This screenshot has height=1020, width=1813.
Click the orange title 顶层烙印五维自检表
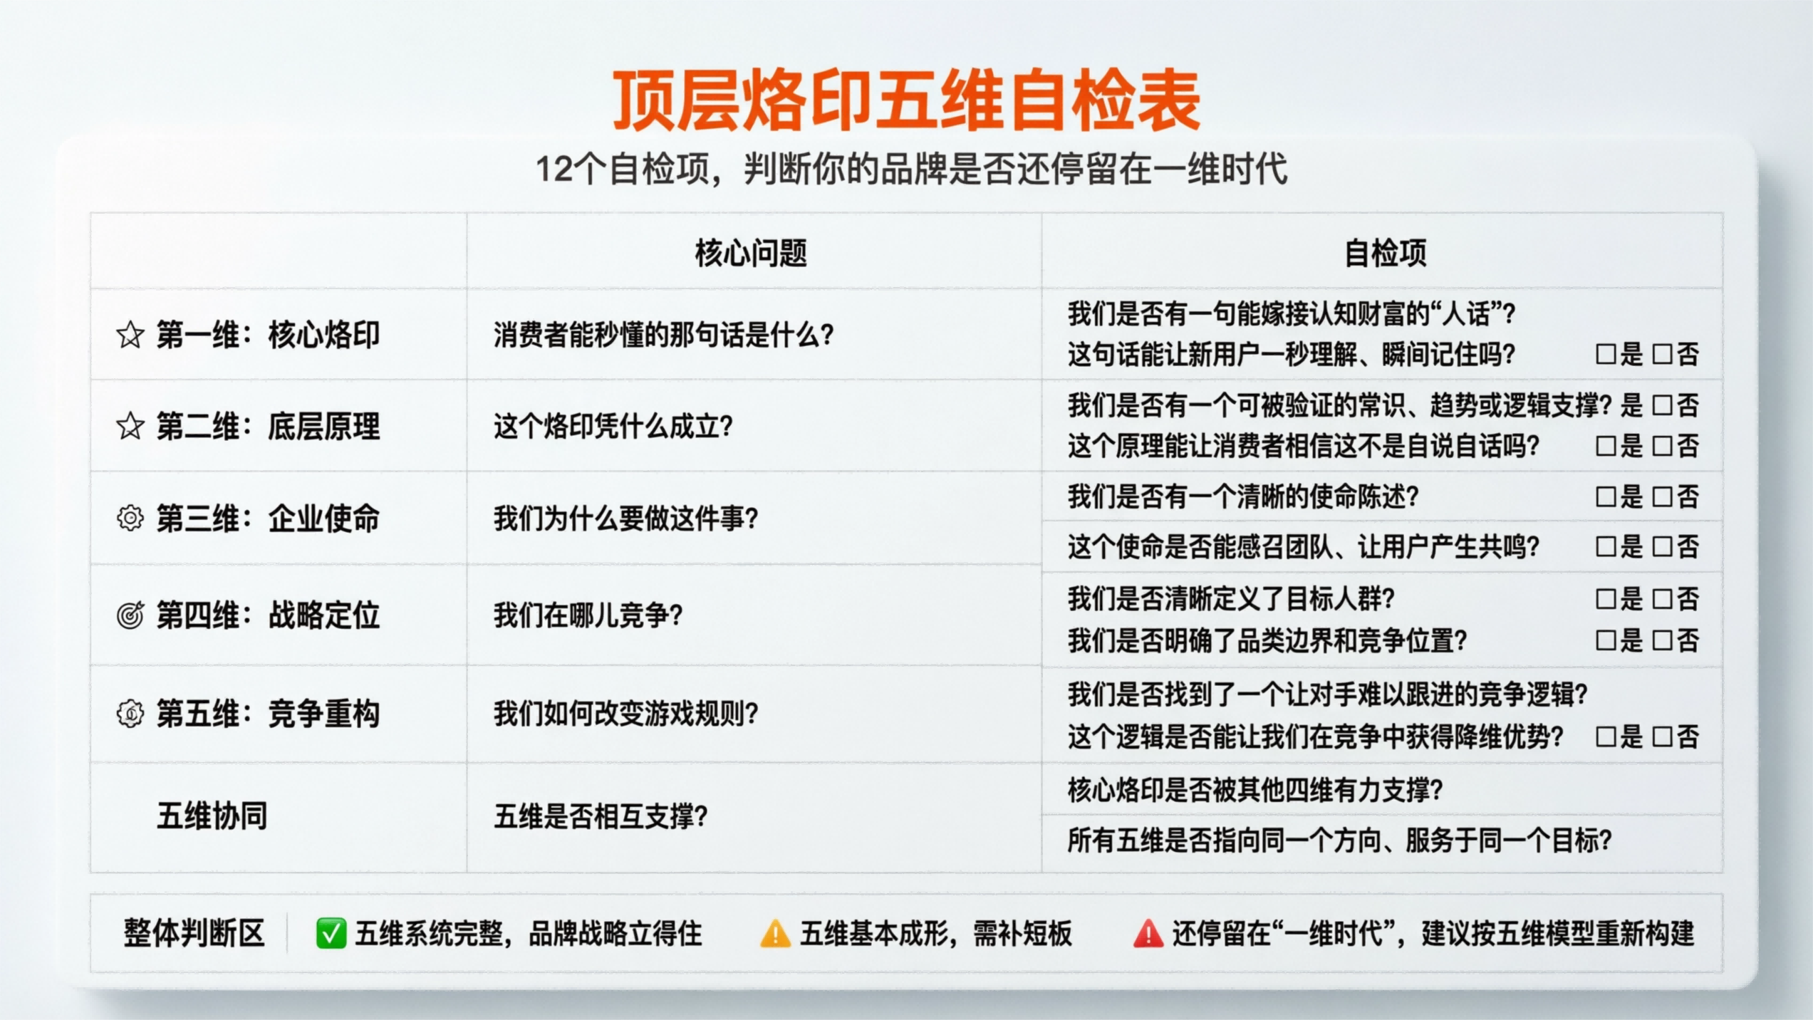click(x=906, y=100)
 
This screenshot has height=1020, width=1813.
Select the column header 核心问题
click(x=751, y=253)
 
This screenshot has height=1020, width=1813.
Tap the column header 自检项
click(x=1385, y=253)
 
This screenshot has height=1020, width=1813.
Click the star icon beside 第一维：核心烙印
click(x=130, y=335)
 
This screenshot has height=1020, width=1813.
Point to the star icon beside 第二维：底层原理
click(x=130, y=427)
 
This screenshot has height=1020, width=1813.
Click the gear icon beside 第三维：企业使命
click(x=130, y=518)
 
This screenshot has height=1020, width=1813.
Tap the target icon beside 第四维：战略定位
click(x=130, y=615)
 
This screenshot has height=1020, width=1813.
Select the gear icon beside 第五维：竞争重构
click(x=130, y=713)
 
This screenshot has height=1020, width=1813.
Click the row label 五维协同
click(x=212, y=816)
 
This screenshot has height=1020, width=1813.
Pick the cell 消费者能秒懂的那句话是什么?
click(x=663, y=335)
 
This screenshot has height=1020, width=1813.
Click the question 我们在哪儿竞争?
click(x=588, y=615)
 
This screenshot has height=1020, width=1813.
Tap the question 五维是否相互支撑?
click(x=601, y=816)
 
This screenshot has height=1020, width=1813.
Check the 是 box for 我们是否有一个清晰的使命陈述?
click(x=1606, y=496)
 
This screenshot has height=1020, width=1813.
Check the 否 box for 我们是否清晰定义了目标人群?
click(x=1662, y=598)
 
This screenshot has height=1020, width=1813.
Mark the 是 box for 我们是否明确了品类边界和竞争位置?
click(x=1606, y=640)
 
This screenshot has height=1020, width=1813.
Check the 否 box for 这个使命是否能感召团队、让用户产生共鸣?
click(x=1662, y=547)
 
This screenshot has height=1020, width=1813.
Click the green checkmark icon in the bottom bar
click(x=331, y=933)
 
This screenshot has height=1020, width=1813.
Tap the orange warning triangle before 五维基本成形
click(x=775, y=934)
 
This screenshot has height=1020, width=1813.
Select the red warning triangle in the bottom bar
click(x=1148, y=934)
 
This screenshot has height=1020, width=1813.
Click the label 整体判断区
click(x=194, y=933)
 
